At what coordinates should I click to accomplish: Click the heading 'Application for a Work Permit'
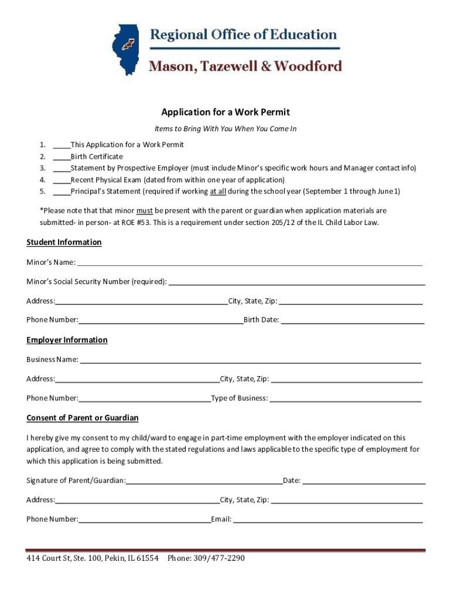tap(225, 112)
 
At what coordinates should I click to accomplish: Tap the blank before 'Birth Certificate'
tap(61, 157)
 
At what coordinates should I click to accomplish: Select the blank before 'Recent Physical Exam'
tap(61, 180)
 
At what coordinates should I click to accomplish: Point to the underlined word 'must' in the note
tap(145, 210)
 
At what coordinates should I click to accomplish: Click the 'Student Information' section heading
tap(64, 243)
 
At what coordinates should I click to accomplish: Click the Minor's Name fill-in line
tap(250, 262)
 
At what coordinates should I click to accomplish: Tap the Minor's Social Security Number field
tap(296, 282)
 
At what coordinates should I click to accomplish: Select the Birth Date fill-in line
tap(353, 321)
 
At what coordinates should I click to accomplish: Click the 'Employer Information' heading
tap(67, 340)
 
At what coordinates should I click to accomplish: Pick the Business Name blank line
tap(250, 360)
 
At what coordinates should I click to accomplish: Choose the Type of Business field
tap(346, 399)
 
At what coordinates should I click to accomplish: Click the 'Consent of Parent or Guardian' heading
tap(83, 418)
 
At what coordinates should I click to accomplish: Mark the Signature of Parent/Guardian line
tap(204, 482)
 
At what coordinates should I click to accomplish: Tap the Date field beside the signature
tap(364, 482)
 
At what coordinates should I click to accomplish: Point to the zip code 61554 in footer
tap(147, 558)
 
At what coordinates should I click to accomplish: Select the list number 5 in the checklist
tap(43, 192)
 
